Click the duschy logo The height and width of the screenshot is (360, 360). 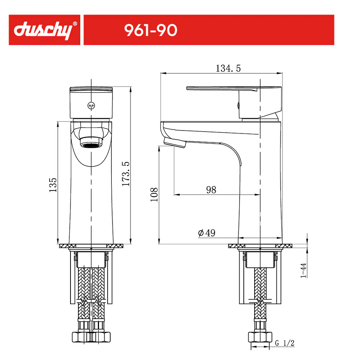43,30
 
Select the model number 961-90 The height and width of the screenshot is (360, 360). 151,30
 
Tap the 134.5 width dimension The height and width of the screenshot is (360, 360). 228,68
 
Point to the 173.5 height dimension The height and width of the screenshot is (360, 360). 126,174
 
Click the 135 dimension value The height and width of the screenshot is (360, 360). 53,185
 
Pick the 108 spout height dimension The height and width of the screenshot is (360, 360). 154,195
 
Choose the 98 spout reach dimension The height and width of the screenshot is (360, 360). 211,190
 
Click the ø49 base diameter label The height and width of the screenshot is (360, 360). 207,233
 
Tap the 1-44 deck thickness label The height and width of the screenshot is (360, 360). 303,270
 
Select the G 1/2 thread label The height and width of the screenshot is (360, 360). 285,343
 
